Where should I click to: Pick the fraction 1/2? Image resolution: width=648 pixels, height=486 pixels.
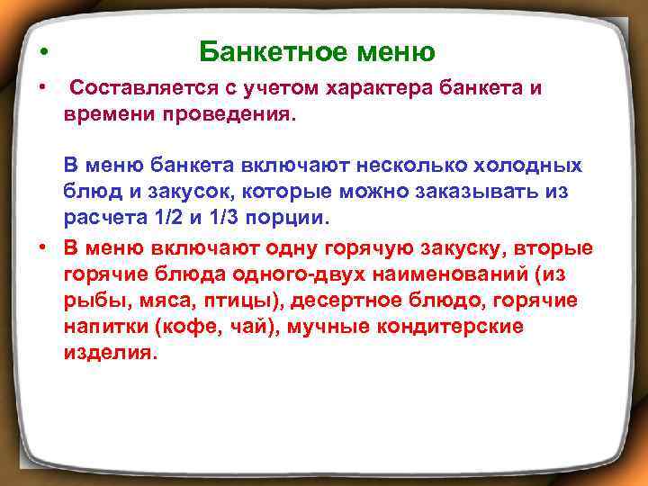tap(159, 220)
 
